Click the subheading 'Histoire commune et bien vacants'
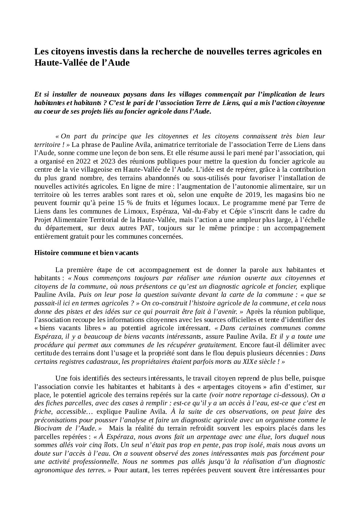[x=86, y=253]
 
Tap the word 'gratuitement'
[x=213, y=345]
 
